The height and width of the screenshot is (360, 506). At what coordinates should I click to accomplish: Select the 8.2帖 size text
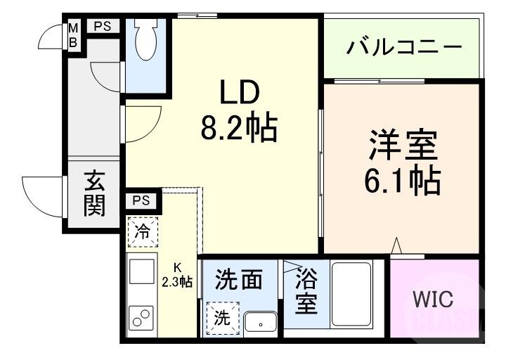(239, 128)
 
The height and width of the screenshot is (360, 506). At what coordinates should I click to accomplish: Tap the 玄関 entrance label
(95, 193)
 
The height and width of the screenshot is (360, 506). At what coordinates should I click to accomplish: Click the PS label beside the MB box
(103, 27)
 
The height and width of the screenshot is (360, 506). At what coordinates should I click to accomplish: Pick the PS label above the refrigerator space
(141, 201)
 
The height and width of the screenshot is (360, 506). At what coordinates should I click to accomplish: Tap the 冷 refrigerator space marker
(143, 231)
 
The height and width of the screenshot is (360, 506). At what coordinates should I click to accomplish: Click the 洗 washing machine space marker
(222, 317)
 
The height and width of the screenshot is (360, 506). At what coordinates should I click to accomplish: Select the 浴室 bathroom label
(306, 290)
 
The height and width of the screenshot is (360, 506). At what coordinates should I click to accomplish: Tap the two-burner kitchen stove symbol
(141, 316)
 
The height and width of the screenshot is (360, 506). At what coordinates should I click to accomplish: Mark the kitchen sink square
(141, 271)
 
